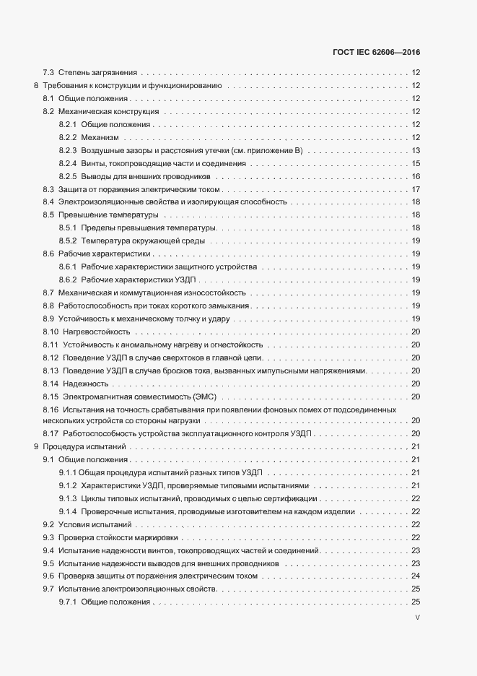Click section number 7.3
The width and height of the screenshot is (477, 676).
click(49, 72)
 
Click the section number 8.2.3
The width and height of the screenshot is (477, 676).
click(68, 150)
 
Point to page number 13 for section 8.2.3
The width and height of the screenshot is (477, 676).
click(416, 150)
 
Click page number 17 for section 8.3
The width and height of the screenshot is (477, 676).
click(416, 189)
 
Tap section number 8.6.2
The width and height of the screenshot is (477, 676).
click(68, 279)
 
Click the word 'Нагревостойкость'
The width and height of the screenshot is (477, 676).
click(96, 331)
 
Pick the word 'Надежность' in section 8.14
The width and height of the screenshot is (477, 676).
click(84, 383)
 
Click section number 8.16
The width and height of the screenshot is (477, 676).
click(51, 409)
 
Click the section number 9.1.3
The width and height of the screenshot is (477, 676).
click(68, 499)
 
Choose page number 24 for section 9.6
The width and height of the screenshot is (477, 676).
click(416, 576)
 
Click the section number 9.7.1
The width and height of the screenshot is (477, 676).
click(68, 602)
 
